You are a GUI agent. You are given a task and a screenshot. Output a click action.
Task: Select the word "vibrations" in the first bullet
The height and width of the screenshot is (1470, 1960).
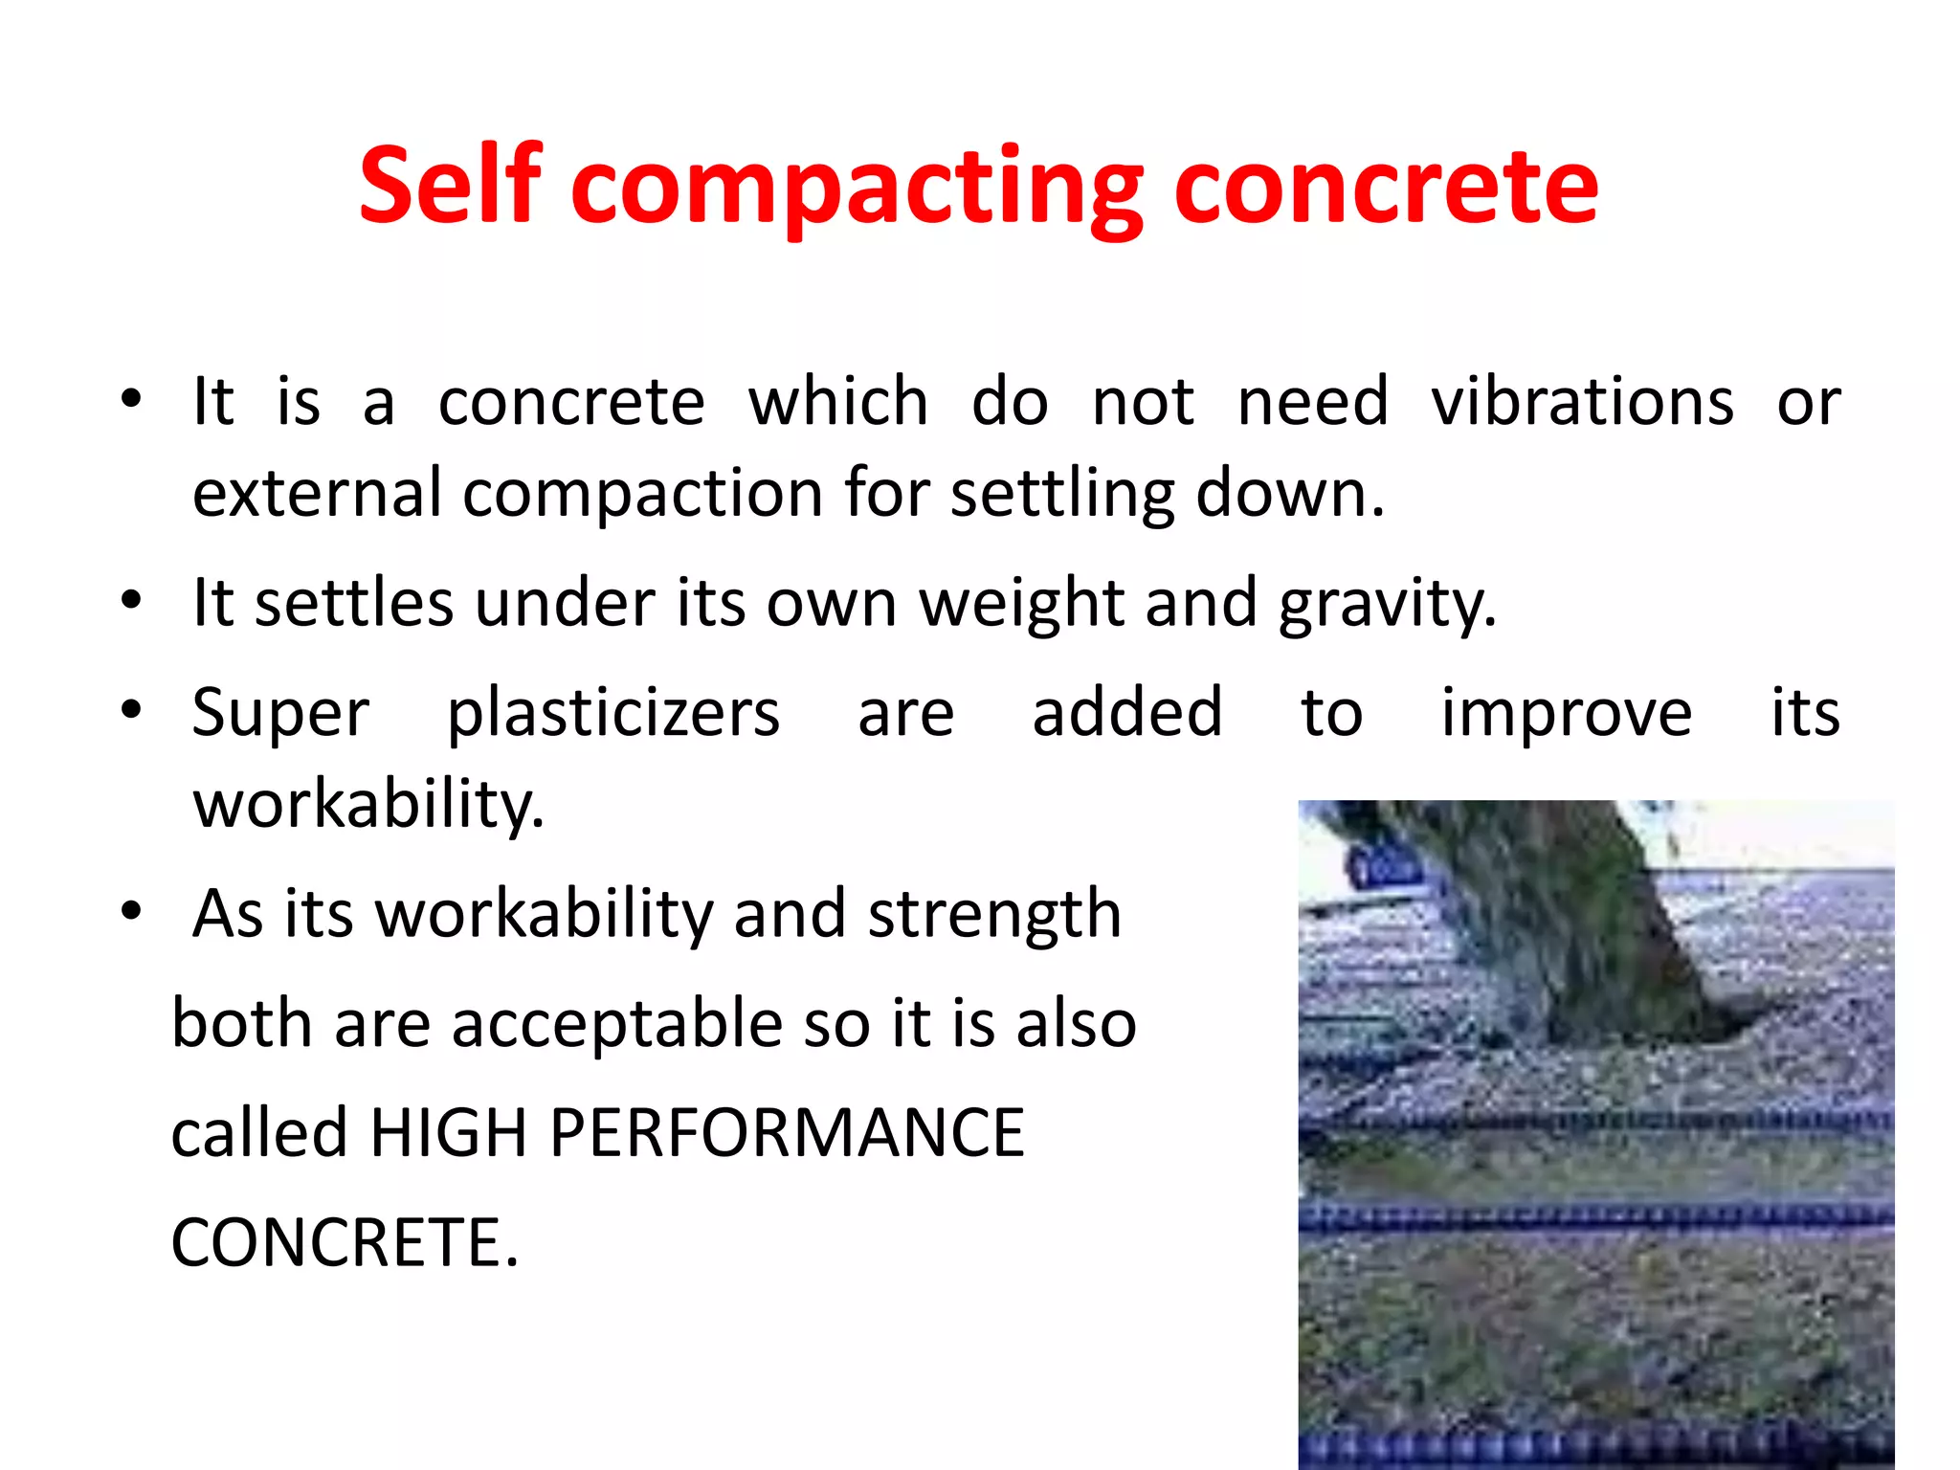[x=1582, y=402]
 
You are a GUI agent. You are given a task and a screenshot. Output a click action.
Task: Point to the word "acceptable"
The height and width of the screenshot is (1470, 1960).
[x=616, y=1024]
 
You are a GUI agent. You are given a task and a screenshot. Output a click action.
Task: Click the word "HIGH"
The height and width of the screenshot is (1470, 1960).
[x=448, y=1133]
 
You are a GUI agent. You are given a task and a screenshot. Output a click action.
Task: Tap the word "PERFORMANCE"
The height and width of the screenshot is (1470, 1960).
[x=787, y=1133]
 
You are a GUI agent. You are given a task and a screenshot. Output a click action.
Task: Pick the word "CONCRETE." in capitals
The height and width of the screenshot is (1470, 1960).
[x=345, y=1242]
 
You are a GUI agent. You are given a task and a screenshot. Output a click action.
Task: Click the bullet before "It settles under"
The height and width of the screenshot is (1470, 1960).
[x=131, y=601]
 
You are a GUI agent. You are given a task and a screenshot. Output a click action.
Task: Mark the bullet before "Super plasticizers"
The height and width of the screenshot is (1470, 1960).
[x=131, y=710]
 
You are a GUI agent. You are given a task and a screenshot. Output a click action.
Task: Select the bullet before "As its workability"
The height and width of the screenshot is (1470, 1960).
[x=131, y=911]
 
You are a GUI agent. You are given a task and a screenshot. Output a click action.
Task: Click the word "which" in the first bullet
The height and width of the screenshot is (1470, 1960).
[x=838, y=402]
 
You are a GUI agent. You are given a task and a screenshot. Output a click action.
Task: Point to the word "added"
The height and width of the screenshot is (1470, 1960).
[x=1127, y=714]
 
